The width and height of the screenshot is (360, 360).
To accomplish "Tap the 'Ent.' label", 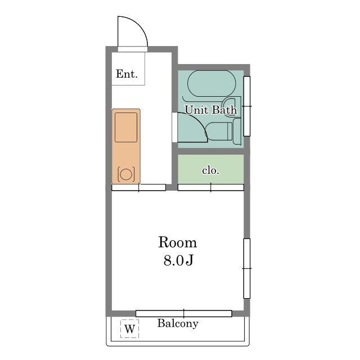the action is (127, 74).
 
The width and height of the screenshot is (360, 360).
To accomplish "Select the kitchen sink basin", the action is (126, 127).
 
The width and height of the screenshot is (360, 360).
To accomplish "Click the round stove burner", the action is (126, 174).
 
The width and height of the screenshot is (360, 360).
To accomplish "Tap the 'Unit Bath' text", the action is (210, 110).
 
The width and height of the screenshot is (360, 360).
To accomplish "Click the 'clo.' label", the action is (210, 170).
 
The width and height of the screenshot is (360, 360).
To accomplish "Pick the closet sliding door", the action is (211, 187).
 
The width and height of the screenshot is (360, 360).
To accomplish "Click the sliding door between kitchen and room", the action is (139, 187).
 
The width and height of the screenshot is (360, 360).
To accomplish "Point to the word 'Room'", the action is (178, 242).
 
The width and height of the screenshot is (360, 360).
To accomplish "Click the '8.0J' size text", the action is (178, 260).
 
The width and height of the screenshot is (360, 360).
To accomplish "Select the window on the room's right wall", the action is (247, 268).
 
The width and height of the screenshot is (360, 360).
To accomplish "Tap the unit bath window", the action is (247, 106).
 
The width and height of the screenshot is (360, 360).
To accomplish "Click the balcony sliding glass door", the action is (184, 313).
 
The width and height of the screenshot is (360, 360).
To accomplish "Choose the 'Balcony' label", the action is (178, 323).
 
